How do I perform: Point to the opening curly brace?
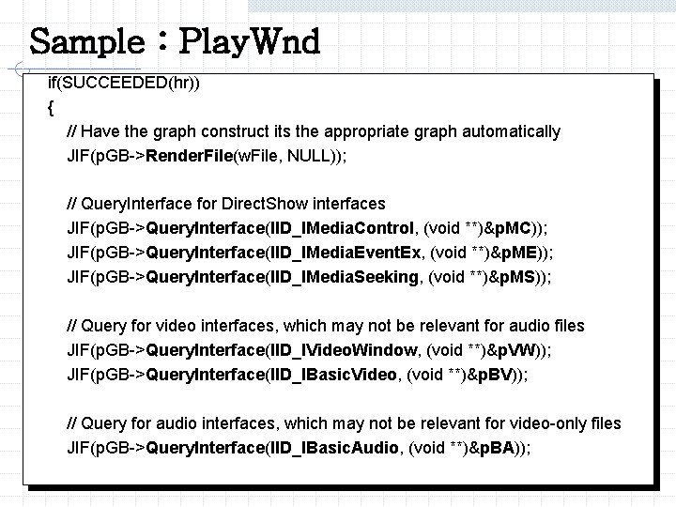pos(50,107)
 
